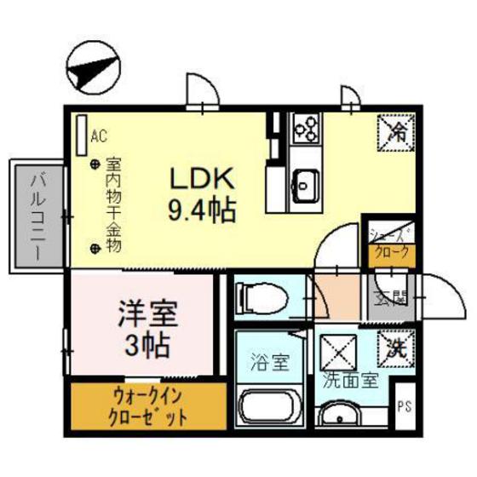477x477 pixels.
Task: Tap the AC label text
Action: coord(99,135)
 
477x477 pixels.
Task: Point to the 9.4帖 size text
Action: coord(202,207)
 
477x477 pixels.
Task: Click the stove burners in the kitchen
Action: coord(304,127)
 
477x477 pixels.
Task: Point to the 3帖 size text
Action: coord(147,345)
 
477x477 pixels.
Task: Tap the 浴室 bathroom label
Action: coord(267,361)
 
